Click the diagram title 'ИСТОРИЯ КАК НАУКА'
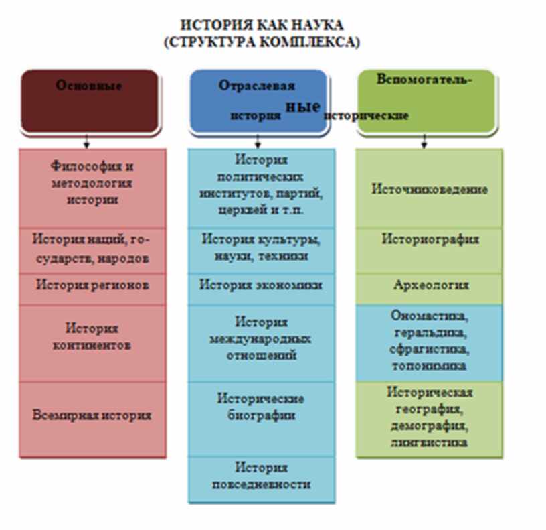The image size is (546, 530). pos(262,25)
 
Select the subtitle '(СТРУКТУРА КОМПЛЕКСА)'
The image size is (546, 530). pos(262,42)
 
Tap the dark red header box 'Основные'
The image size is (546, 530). pos(90,101)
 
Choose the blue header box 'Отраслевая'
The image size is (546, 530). pos(258,101)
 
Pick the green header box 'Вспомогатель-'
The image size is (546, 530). pos(425,101)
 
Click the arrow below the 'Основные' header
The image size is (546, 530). pos(87,141)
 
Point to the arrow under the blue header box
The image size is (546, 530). pos(258,141)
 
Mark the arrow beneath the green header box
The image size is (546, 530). pos(424,141)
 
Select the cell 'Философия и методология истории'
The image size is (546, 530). pos(92,183)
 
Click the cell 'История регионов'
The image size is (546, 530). pos(92,285)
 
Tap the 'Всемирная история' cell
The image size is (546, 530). pos(92,415)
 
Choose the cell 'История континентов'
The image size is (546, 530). pos(92,337)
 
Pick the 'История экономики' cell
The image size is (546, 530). pos(261,285)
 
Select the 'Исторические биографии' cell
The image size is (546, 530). pos(261,407)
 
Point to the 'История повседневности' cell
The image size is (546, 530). pos(261,476)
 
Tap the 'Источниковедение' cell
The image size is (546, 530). pos(430,189)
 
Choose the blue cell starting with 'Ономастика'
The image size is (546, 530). pos(430,340)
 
